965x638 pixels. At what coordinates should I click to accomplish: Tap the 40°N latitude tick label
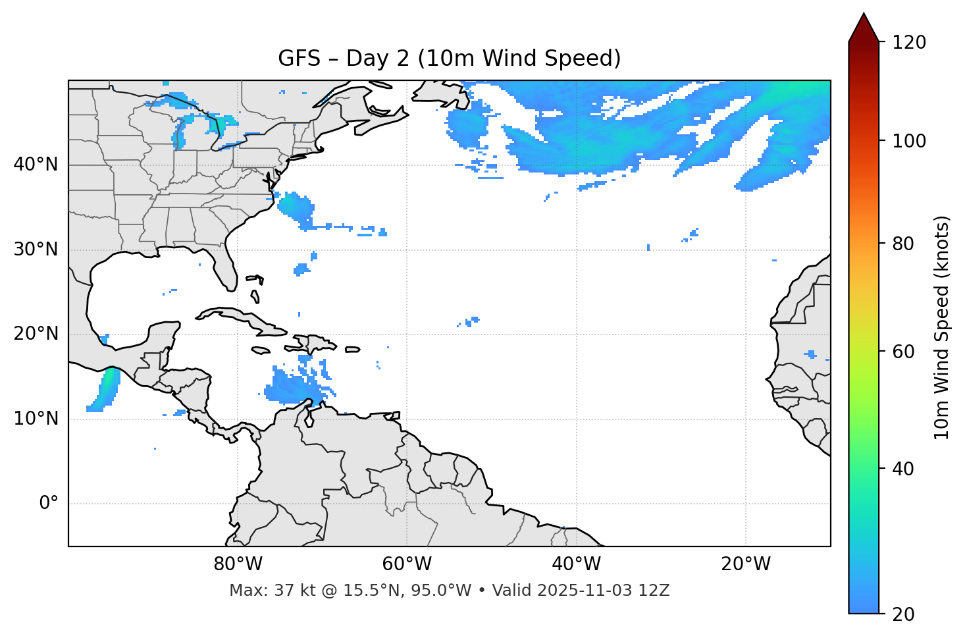(36, 165)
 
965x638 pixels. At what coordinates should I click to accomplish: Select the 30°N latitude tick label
(36, 250)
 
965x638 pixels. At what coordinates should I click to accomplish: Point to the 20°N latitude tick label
(36, 334)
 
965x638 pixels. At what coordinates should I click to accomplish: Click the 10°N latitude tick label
(36, 419)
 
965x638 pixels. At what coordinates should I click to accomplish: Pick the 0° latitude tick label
(48, 504)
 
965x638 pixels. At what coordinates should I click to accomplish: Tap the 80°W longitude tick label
(238, 564)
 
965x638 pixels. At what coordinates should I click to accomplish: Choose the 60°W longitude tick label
(407, 564)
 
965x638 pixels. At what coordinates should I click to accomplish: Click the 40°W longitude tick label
(576, 564)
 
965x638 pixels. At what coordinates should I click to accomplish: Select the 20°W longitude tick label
(745, 564)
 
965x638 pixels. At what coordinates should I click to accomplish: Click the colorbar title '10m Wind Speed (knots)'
(942, 327)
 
